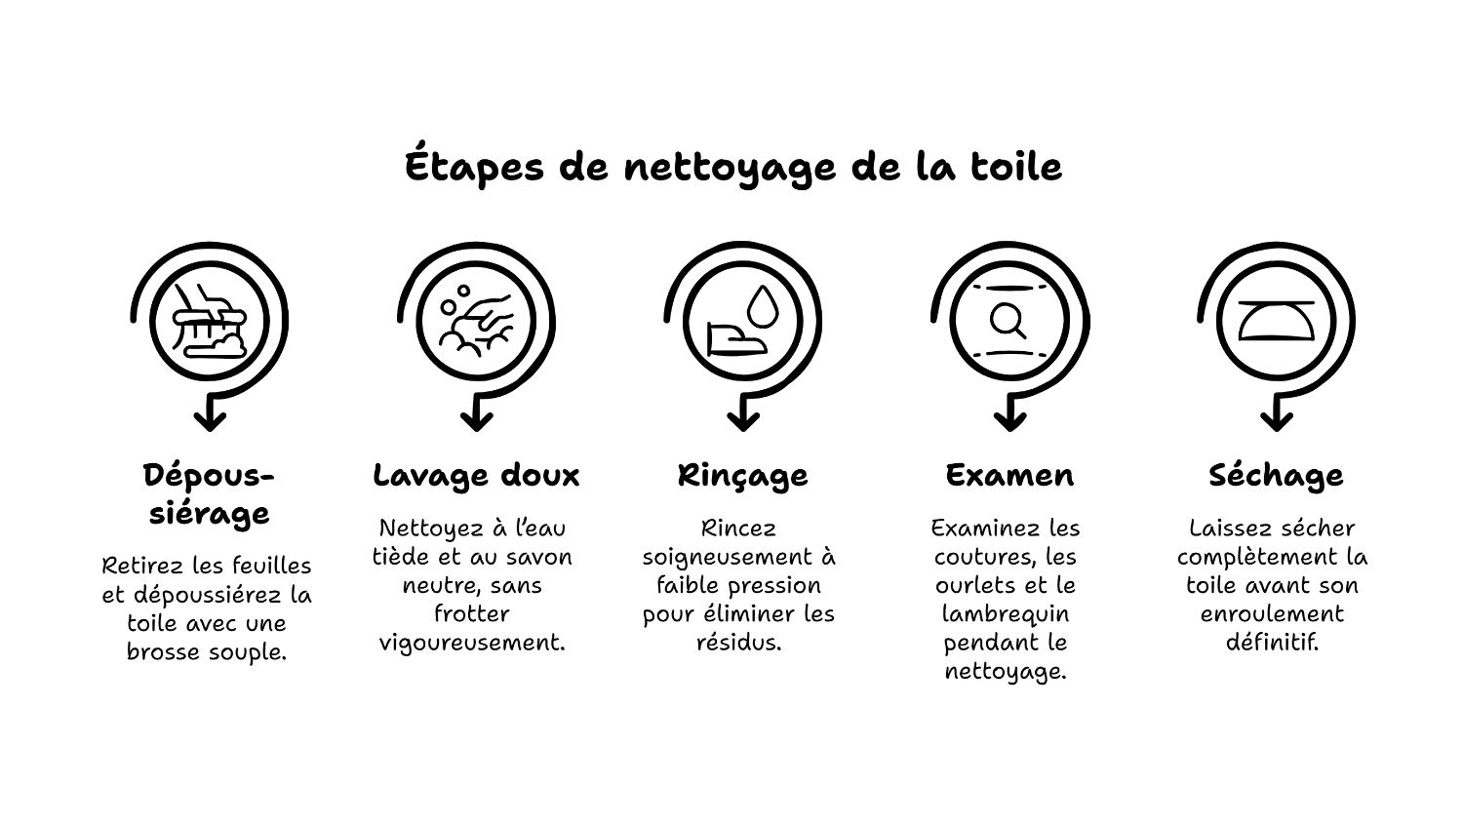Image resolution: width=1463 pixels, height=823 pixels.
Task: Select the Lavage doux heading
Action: click(476, 476)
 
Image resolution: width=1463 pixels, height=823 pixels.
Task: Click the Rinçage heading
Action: click(742, 476)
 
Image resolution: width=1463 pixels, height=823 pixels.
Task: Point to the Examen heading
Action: click(1009, 475)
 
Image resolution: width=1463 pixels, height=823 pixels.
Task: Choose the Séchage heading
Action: click(1276, 476)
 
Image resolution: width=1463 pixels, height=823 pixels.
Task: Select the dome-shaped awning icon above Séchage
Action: click(1276, 321)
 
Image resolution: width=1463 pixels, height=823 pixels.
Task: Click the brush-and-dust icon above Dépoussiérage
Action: click(210, 322)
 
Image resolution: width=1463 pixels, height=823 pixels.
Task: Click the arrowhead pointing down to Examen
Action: click(1009, 420)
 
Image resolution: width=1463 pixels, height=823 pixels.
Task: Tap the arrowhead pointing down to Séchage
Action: click(1276, 420)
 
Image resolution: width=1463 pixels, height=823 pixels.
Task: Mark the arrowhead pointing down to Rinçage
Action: click(743, 420)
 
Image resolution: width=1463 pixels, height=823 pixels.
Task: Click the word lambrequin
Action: click(1006, 614)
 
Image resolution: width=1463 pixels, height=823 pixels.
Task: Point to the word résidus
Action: click(738, 643)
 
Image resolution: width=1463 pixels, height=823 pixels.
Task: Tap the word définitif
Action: click(1272, 643)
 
